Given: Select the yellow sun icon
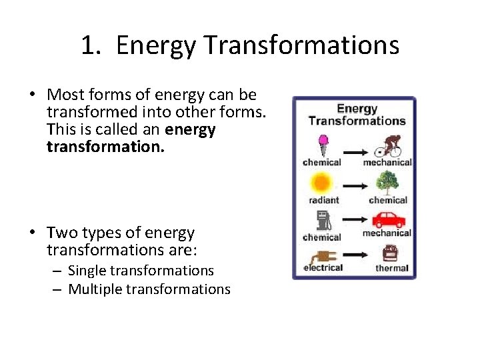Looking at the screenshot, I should pos(322,183).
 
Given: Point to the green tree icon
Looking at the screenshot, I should pos(387,183).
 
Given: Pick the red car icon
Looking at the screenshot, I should pos(388,219).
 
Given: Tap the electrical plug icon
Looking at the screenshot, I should pos(321,255).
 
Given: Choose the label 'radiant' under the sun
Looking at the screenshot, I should pos(323,199).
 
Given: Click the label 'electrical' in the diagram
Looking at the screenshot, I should pos(323,267).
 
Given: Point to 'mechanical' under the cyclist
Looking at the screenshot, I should pos(387,162).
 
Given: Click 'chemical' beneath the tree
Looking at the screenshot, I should pos(388,199).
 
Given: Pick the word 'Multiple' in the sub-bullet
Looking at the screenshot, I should pos(93,289).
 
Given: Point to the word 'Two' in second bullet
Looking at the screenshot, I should pos(61,233).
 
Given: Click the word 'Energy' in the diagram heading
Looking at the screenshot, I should pos(357,109).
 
